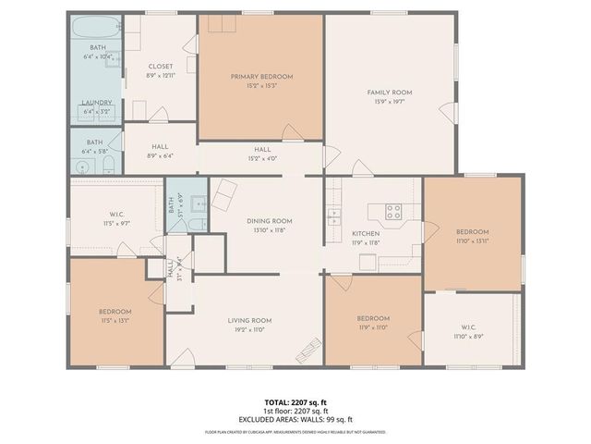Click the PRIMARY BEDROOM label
[261, 76]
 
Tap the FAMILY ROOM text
[390, 92]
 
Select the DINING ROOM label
[269, 221]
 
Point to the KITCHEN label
[366, 234]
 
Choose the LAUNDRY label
[97, 103]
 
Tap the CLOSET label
[161, 67]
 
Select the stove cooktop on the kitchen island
[393, 210]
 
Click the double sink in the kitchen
[334, 218]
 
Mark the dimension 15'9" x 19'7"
[390, 103]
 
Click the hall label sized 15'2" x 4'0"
[262, 149]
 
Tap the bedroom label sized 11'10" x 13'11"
[472, 231]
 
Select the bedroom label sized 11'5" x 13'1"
[115, 312]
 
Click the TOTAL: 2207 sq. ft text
[295, 403]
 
